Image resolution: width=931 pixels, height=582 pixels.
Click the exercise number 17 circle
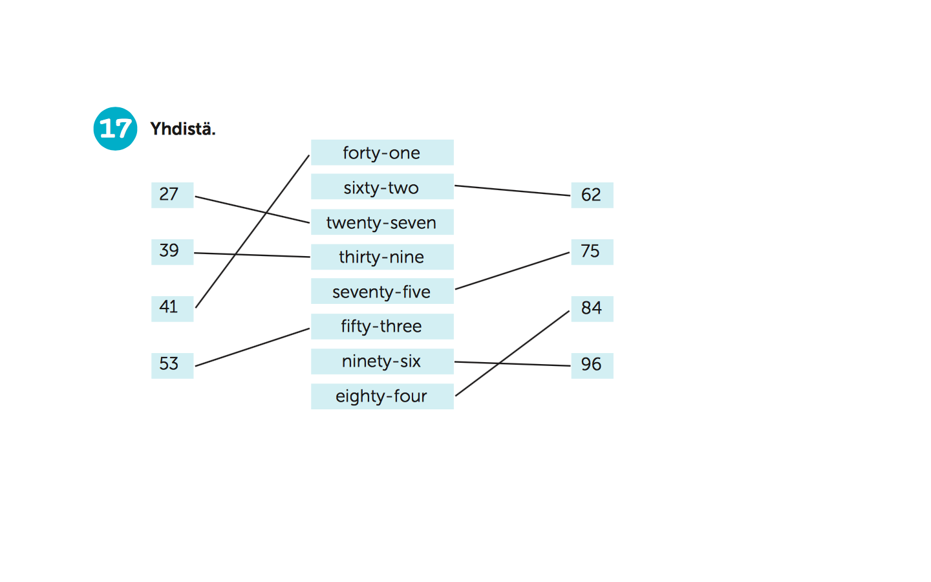pyautogui.click(x=115, y=129)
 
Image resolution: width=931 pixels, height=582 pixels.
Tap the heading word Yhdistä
pyautogui.click(x=183, y=129)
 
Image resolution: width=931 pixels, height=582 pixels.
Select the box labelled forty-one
pyautogui.click(x=382, y=153)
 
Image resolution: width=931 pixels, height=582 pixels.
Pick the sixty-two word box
pyautogui.click(x=382, y=187)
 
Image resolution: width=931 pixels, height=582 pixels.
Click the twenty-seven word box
pyautogui.click(x=382, y=222)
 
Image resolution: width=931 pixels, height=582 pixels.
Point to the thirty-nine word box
pyautogui.click(x=382, y=257)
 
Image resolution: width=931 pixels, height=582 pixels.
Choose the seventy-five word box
pyautogui.click(x=382, y=291)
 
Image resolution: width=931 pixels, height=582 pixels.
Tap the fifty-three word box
pyautogui.click(x=382, y=327)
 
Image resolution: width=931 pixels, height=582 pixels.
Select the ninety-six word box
pyautogui.click(x=382, y=361)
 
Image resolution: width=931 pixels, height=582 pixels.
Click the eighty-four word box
pyautogui.click(x=382, y=396)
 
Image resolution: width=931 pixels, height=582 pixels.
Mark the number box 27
pyautogui.click(x=173, y=195)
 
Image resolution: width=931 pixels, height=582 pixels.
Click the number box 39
pyautogui.click(x=173, y=252)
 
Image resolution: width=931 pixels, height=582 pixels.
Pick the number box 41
pyautogui.click(x=173, y=309)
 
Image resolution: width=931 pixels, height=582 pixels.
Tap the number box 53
pyautogui.click(x=173, y=366)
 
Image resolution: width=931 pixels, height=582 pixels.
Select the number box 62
pyautogui.click(x=592, y=195)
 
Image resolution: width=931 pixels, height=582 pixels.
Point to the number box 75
pyautogui.click(x=592, y=252)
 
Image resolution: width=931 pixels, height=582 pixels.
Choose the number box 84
pyautogui.click(x=592, y=309)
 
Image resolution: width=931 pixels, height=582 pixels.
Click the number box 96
pyautogui.click(x=592, y=366)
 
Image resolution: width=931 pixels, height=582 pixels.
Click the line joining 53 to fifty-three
pyautogui.click(x=252, y=347)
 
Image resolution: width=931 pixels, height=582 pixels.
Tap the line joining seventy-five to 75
pyautogui.click(x=513, y=270)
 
